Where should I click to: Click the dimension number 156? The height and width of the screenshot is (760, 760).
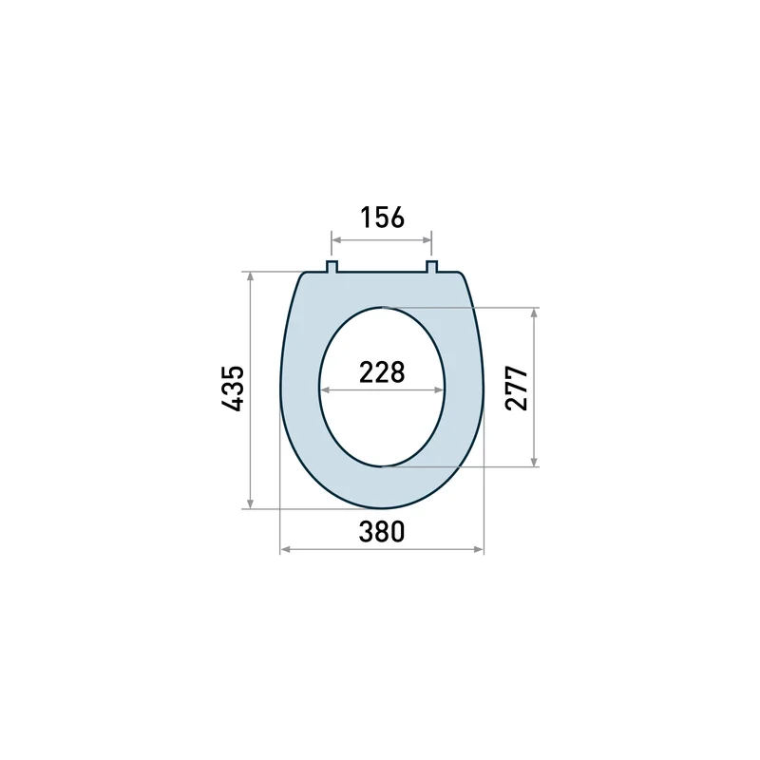coord(382,218)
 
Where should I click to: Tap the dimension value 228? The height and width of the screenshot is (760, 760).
coord(382,372)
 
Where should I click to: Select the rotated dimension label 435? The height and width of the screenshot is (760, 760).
coord(233,389)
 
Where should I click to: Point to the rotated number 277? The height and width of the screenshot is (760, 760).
coord(516,389)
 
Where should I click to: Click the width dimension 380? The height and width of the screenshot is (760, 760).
coord(382,532)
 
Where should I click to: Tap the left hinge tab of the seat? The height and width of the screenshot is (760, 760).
coord(332,267)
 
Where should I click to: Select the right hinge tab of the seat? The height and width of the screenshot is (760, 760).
coord(432,267)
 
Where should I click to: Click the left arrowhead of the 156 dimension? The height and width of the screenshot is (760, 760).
coord(336,240)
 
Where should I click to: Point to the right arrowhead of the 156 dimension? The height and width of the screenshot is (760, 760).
coord(427,240)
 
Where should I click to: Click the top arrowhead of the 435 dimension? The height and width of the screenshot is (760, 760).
coord(250,276)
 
